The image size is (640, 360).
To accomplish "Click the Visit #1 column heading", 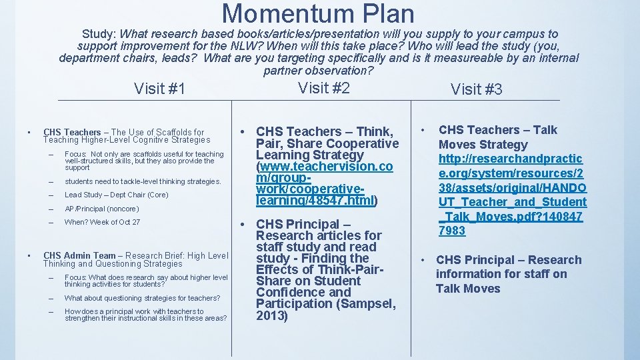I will pos(159,89).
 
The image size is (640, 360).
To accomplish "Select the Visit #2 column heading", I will pos(324,87).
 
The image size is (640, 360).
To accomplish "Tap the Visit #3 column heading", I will pos(477,89).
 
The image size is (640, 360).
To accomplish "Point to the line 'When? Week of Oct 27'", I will pos(102,222).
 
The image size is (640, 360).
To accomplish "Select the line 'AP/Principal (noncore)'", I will pos(101,209).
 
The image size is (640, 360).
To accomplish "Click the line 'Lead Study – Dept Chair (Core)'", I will pos(116,195).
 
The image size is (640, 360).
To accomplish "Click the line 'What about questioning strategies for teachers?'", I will pos(142,298).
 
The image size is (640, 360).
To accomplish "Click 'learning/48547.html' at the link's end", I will pos(315,201).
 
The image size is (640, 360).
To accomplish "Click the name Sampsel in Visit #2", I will pos(369,304).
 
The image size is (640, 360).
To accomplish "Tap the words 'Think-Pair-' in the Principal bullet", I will pos(358,269).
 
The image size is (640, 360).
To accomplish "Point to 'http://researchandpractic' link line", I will pos(510,159).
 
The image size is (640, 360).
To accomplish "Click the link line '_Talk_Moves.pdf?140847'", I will pos(511,216).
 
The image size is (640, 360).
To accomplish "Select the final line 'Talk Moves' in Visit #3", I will pos(467,288).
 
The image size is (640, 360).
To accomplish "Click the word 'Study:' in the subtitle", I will pos(99,33).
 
